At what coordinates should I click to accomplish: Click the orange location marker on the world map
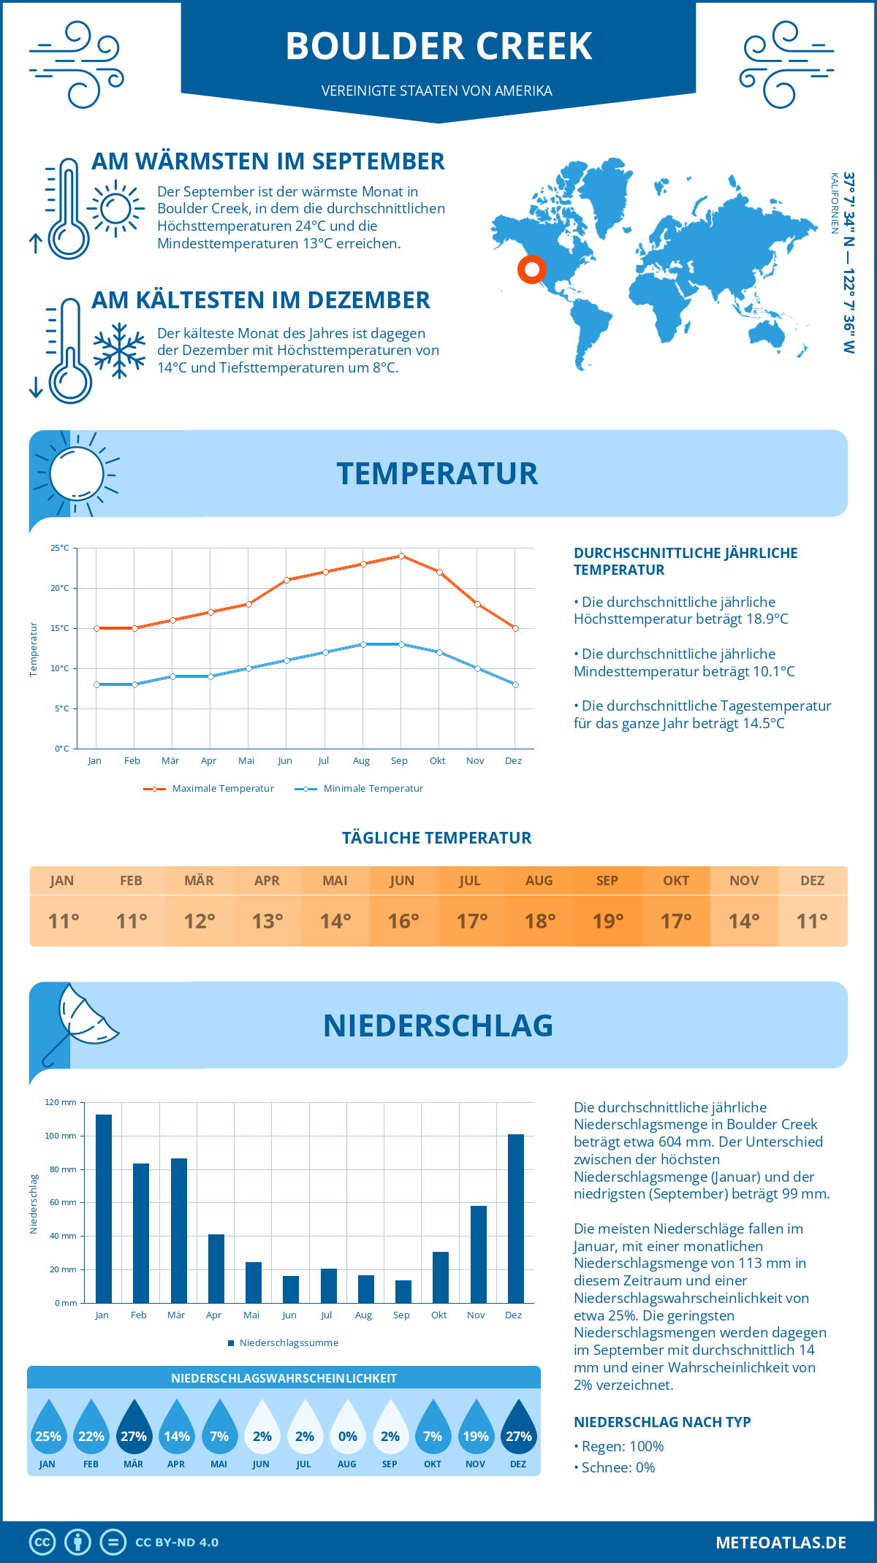point(532,270)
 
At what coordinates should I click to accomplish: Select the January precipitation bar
point(103,1208)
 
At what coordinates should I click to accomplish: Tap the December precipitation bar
point(516,1218)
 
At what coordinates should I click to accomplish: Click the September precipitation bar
point(403,1291)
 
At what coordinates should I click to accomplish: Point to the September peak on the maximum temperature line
point(401,556)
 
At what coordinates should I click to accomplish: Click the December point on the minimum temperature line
point(515,684)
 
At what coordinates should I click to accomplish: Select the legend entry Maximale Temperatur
point(209,789)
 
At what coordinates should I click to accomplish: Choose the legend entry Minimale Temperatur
point(360,789)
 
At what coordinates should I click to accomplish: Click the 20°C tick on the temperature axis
point(60,588)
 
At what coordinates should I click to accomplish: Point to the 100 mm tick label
point(60,1136)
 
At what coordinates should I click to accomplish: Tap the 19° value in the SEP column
point(608,921)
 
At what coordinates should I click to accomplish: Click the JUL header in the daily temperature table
point(470,881)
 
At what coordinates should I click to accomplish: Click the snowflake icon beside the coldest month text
point(119,351)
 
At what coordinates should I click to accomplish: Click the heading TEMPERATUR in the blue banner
point(437,473)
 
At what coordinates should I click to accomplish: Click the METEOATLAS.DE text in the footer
point(781,1543)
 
